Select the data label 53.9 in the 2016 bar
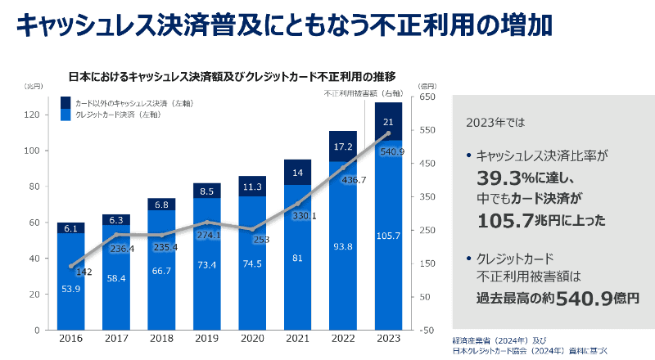click(x=70, y=290)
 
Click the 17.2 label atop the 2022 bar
click(x=343, y=146)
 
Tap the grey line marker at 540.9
click(x=388, y=134)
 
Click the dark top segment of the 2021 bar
click(x=297, y=172)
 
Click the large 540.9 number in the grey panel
click(x=585, y=299)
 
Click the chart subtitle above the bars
click(x=231, y=77)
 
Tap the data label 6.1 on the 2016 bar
click(x=70, y=228)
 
